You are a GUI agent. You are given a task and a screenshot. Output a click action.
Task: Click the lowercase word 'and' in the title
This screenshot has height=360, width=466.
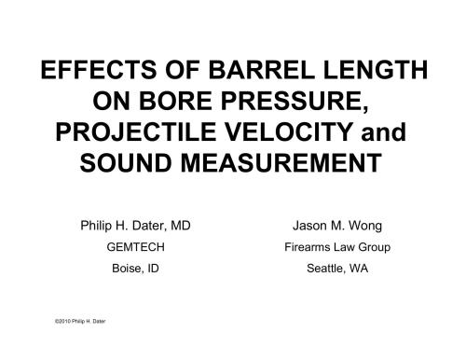pyautogui.click(x=387, y=132)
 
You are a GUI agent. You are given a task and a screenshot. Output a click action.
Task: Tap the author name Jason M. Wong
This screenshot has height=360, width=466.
pyautogui.click(x=336, y=225)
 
